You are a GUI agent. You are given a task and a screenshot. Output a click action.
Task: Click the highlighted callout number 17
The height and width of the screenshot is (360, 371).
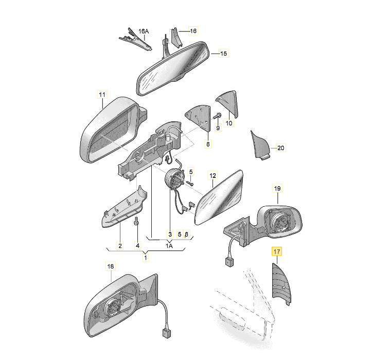(277, 251)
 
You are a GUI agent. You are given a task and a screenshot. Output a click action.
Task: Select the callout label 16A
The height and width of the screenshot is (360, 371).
(144, 31)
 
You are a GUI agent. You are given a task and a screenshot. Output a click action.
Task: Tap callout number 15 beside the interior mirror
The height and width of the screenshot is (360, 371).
(223, 53)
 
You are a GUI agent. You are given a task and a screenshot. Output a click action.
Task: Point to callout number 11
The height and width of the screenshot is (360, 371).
(102, 95)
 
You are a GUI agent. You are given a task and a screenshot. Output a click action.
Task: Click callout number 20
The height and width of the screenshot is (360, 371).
(280, 148)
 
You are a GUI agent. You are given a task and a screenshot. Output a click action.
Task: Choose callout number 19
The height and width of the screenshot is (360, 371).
(277, 189)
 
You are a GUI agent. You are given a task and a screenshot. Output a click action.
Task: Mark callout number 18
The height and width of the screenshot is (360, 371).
(111, 266)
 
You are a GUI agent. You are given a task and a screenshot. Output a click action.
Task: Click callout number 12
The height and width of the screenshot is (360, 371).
(213, 175)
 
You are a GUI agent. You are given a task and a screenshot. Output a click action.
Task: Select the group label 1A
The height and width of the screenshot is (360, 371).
(169, 246)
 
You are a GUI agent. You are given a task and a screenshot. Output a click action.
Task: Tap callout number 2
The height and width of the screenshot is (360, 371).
(120, 245)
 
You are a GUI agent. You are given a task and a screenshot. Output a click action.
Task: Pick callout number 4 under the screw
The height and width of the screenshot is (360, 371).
(138, 245)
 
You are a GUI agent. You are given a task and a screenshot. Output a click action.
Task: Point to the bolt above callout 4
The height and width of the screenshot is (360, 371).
(136, 221)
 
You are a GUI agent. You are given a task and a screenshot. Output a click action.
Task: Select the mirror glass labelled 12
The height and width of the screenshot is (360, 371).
(219, 198)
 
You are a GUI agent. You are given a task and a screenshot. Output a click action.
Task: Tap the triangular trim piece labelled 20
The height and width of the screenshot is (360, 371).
(260, 146)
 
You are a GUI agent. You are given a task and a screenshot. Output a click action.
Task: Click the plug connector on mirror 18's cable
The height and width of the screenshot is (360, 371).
(167, 333)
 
